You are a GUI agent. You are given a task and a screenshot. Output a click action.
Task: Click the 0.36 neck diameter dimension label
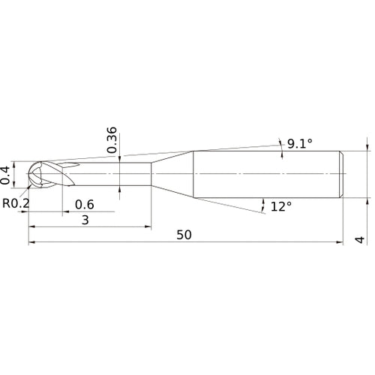point(112,140)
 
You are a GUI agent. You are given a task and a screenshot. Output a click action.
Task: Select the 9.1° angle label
point(300,144)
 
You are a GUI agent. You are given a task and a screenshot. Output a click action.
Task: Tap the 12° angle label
point(281,207)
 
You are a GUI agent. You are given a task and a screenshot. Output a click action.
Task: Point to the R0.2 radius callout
point(16,203)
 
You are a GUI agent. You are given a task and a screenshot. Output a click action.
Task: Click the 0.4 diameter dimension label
point(5,175)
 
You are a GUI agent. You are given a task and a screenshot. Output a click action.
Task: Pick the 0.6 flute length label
point(85,205)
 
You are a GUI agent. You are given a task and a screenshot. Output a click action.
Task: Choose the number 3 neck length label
point(85,220)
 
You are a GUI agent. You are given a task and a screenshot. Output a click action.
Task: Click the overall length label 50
point(184,235)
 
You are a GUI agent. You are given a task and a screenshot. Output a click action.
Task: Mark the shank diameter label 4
point(360,240)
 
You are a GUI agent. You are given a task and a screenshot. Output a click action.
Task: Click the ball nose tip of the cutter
point(28,174)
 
